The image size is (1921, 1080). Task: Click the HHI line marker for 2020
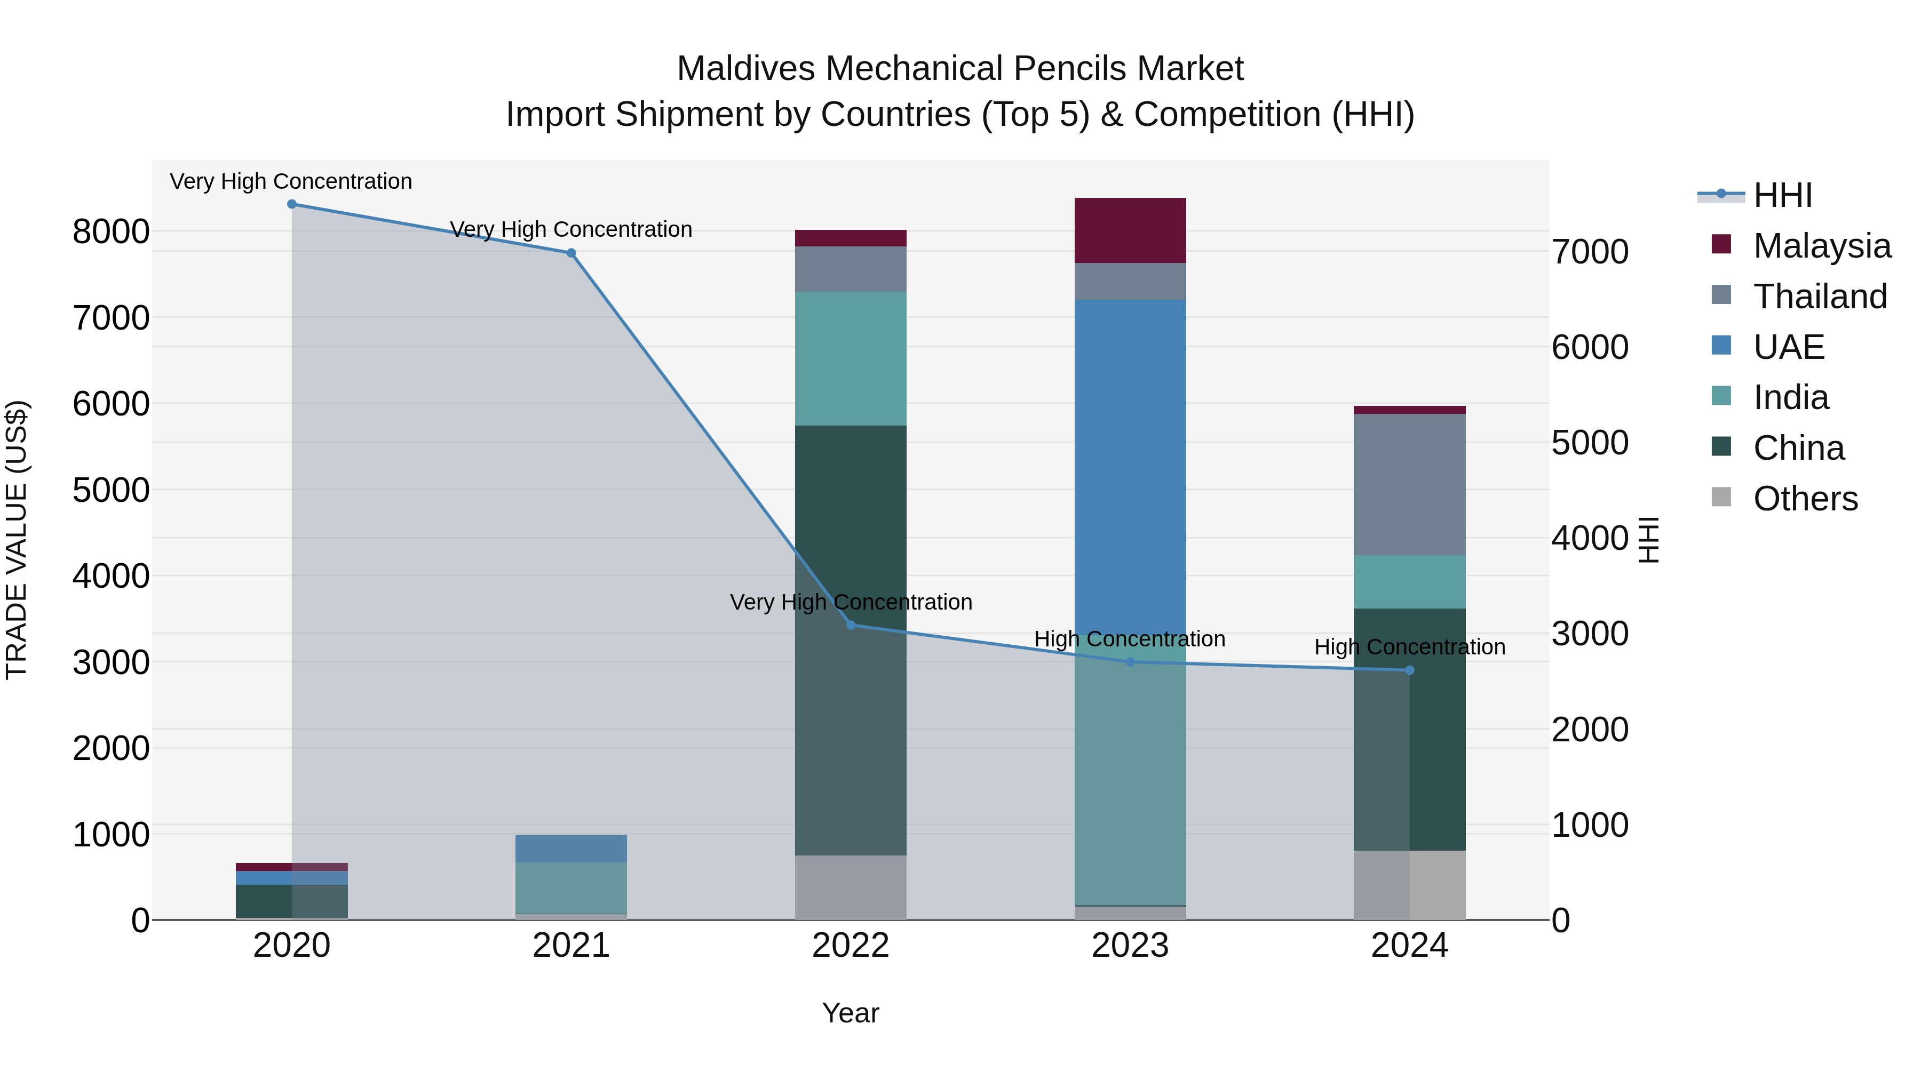click(x=291, y=204)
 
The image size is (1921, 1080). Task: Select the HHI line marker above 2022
click(x=851, y=625)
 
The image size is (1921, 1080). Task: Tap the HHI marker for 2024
click(x=1409, y=670)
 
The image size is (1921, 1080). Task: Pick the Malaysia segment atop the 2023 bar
click(x=1130, y=230)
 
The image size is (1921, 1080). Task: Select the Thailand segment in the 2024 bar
click(x=1409, y=484)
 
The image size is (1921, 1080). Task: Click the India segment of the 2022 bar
click(x=851, y=358)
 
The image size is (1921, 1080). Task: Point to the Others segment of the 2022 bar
click(x=851, y=887)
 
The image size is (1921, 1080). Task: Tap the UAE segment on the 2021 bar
click(x=571, y=848)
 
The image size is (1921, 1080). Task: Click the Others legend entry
click(x=1805, y=499)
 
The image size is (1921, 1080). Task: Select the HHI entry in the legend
click(x=1782, y=195)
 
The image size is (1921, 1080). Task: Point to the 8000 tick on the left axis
click(x=110, y=232)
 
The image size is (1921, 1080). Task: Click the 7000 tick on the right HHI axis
click(x=1590, y=252)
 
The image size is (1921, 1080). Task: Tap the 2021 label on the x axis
click(x=571, y=946)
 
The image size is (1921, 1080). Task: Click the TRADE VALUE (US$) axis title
click(x=17, y=540)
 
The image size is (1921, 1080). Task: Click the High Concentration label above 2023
click(x=1129, y=639)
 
